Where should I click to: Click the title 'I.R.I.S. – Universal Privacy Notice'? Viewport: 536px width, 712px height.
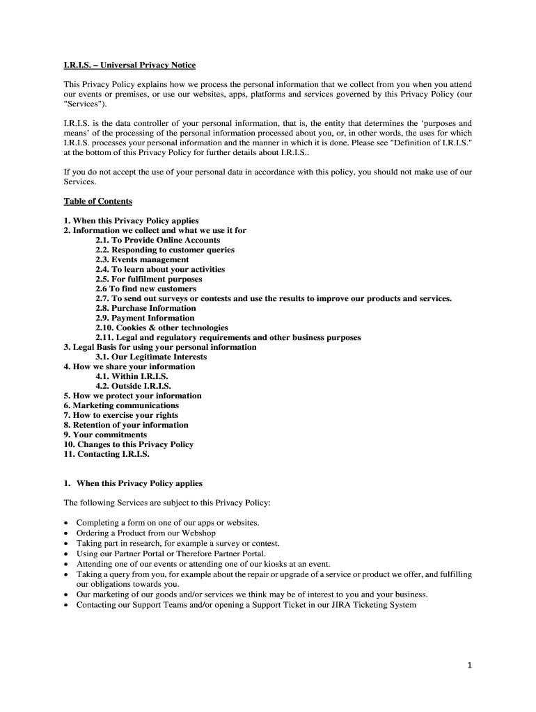tap(129, 65)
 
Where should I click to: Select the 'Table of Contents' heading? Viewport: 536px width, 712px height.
tap(97, 202)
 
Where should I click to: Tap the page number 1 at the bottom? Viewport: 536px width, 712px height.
tap(469, 665)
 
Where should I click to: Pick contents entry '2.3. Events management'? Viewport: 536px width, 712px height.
tap(142, 259)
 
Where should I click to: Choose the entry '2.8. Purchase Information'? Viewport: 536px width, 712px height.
tap(145, 308)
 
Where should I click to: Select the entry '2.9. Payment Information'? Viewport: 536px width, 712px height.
tap(145, 318)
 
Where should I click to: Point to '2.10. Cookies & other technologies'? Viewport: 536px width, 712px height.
tap(161, 327)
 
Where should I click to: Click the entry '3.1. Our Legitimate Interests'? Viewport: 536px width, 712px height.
tap(151, 357)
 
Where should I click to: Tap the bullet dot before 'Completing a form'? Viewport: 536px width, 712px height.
tap(66, 523)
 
